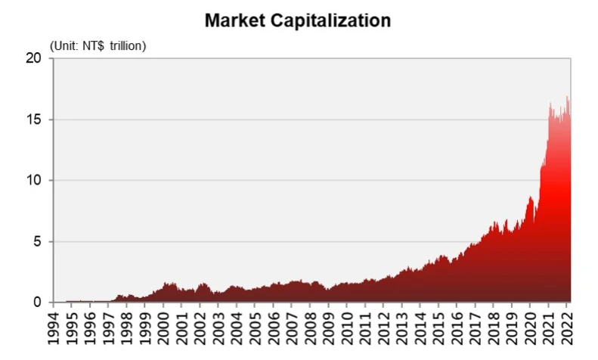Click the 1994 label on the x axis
coord(53,330)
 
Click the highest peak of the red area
coord(567,97)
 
